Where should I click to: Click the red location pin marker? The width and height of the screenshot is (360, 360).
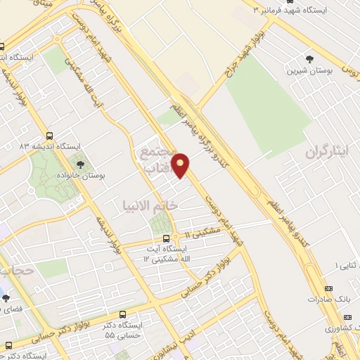pos(181,165)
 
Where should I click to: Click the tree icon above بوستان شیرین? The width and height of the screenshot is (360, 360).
pos(309,59)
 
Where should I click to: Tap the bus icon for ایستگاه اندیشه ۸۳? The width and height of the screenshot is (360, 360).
pos(49,136)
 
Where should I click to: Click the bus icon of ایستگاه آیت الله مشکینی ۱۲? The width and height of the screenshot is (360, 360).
pos(166,238)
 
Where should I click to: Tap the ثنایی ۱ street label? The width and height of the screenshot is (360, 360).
pos(345,265)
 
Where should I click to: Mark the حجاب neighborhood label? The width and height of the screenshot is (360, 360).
pos(14,270)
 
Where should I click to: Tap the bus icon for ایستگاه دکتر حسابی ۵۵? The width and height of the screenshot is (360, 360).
pos(124,315)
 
